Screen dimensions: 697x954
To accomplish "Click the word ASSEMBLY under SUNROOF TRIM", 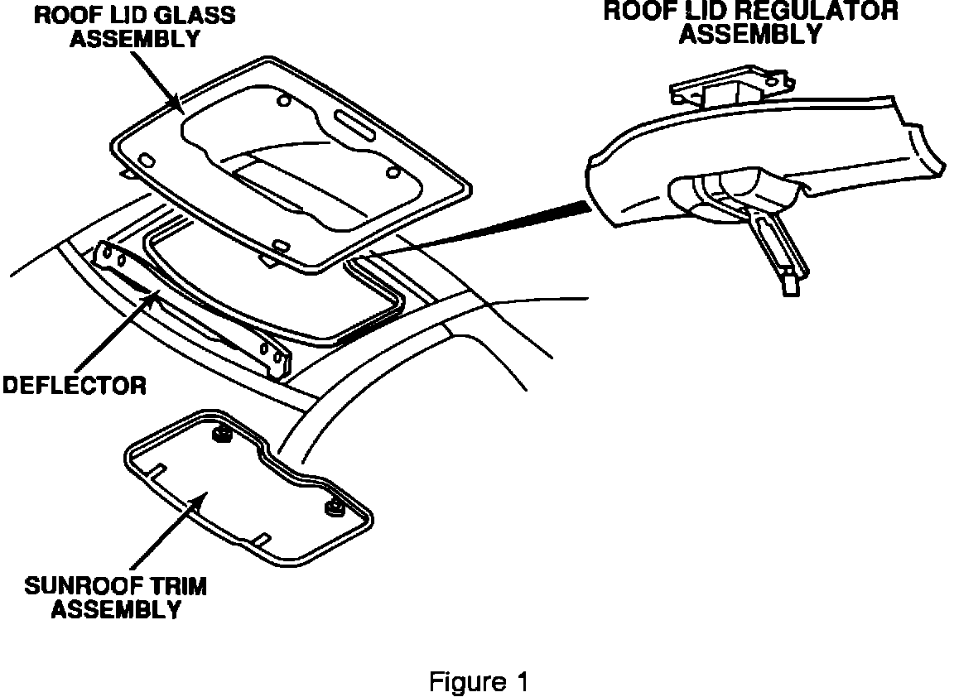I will [116, 611].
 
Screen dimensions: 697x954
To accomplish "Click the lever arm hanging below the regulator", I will [775, 253].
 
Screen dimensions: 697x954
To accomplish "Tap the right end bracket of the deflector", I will [276, 358].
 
